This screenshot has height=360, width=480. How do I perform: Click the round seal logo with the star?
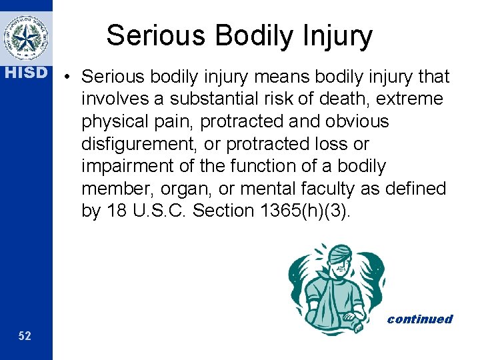click(x=26, y=37)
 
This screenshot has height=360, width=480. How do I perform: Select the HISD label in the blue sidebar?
click(x=26, y=72)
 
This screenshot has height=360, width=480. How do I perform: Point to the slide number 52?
click(x=25, y=336)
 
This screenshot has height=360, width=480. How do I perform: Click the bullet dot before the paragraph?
click(x=69, y=78)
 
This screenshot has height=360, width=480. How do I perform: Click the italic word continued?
click(x=419, y=319)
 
